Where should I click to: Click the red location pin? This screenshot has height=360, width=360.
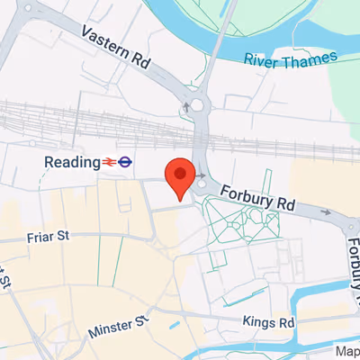coord(180,175)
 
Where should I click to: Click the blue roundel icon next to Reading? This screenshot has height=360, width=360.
coord(127,162)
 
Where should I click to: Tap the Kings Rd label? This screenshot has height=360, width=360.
coord(269,321)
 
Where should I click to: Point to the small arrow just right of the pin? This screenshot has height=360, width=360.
coord(202,175)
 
